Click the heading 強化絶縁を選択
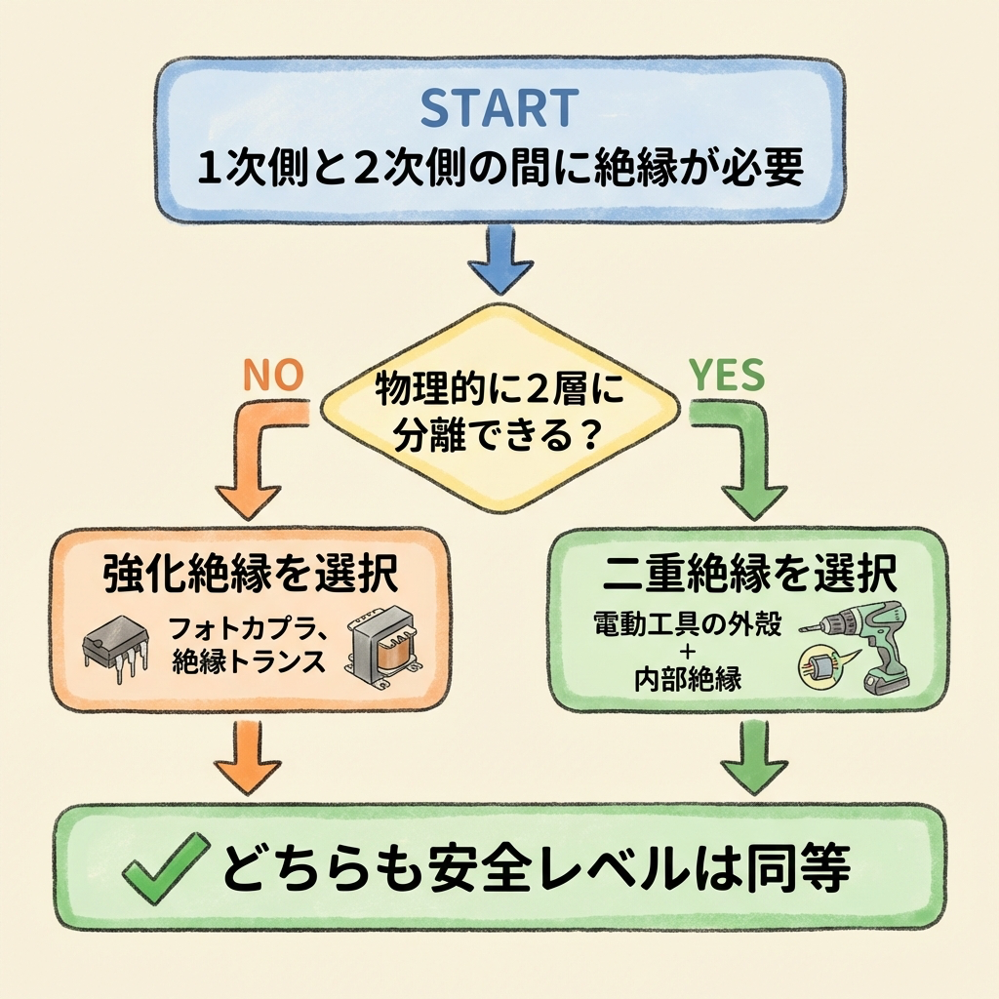250,577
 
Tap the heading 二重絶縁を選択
748,576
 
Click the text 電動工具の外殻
687,625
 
